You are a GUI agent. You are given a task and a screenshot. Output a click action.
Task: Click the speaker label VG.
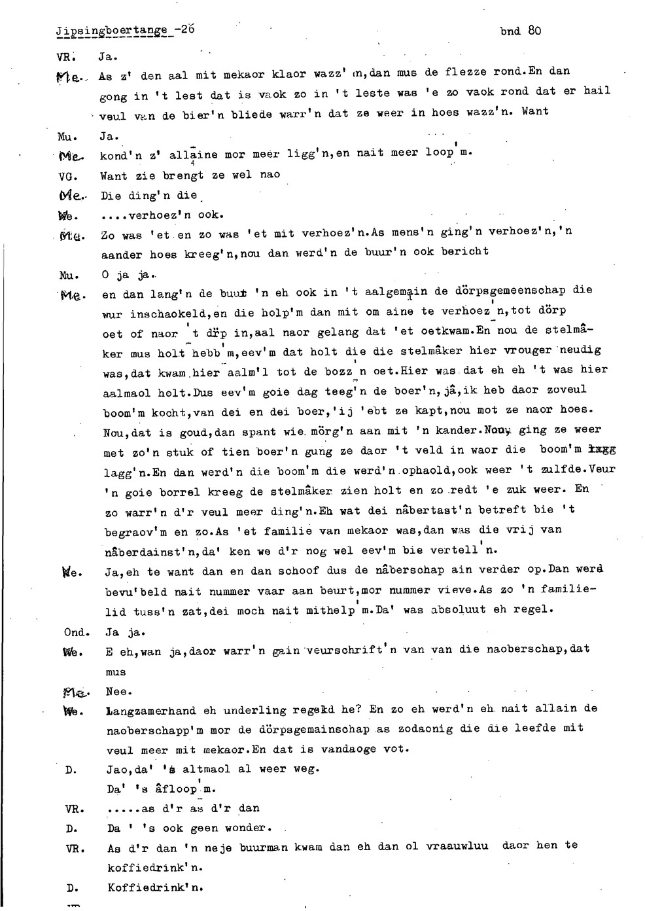tap(65, 175)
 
